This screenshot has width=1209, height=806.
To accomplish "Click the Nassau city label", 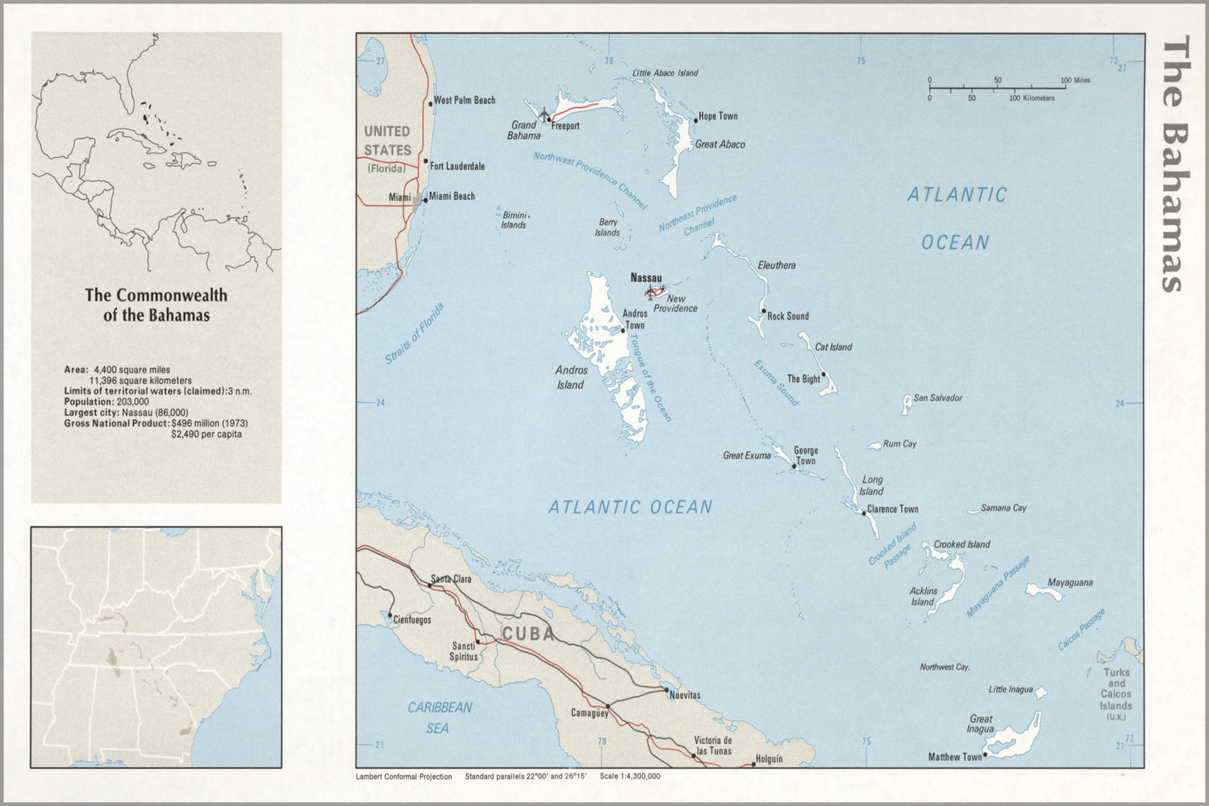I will (x=645, y=278).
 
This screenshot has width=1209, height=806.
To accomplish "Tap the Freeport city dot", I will (x=549, y=120).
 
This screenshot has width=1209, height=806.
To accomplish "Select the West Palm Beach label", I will (x=464, y=101).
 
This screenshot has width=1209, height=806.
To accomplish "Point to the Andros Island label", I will (x=570, y=378).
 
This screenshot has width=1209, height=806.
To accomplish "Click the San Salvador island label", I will (x=937, y=398).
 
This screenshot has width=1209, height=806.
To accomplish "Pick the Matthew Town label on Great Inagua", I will (x=954, y=757).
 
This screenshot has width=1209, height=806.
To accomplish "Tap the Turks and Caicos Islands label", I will (x=1116, y=689).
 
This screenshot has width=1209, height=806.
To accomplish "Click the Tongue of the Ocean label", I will (x=650, y=378).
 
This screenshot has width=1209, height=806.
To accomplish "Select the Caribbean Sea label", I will (x=440, y=717).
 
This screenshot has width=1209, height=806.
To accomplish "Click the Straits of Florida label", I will (x=415, y=334).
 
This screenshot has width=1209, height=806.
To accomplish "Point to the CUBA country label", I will (x=528, y=634).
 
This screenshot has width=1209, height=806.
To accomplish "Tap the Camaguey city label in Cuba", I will (x=590, y=713).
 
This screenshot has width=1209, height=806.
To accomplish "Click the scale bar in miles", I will (x=997, y=85).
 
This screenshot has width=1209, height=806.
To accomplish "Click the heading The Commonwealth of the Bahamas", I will (x=156, y=305).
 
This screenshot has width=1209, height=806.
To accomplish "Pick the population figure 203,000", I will (x=132, y=401).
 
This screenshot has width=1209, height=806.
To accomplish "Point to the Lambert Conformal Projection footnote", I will (x=404, y=777).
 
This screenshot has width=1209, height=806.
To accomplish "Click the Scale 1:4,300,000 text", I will (x=630, y=777).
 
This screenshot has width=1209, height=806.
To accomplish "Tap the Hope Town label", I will (x=718, y=116).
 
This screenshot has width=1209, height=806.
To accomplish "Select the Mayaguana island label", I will (x=1069, y=583).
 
